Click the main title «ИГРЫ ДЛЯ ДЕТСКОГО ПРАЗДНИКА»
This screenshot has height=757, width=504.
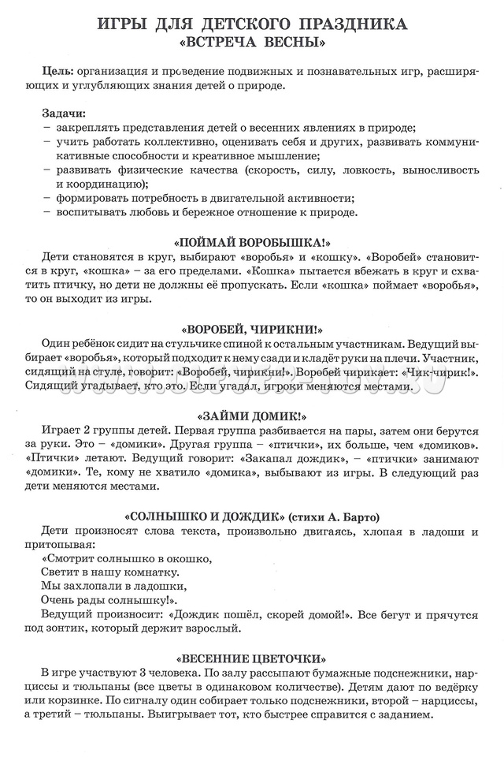252,24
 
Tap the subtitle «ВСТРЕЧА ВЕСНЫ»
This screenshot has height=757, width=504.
252,41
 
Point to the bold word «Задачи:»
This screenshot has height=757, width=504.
66,114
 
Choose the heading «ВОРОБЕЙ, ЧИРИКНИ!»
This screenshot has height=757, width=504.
251,329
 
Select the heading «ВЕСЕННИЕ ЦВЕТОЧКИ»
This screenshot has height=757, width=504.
251,658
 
